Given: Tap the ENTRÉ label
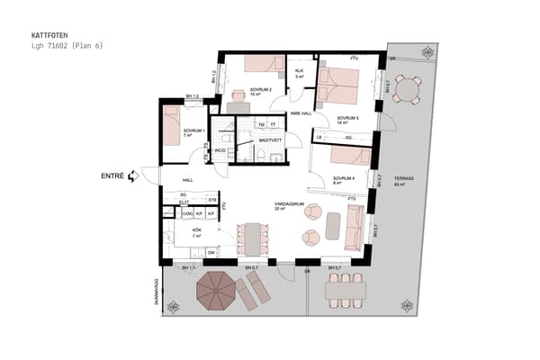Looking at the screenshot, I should (112, 176).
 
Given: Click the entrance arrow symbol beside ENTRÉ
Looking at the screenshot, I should (133, 176).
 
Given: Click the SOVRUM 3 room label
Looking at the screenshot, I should (347, 120).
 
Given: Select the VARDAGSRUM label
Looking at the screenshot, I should (288, 205).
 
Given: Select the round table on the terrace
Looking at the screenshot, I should (408, 88).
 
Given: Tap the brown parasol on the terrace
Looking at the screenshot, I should (216, 291).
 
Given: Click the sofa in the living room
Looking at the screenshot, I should (355, 226).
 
